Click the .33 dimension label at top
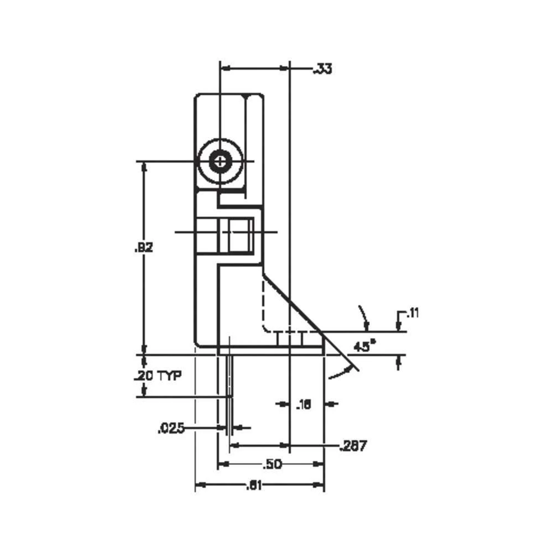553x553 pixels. pos(322,69)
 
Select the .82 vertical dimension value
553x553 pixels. pos(144,247)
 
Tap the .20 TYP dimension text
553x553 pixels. pos(158,376)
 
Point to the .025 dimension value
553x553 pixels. pos(171,427)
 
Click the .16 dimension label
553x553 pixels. pos(304,404)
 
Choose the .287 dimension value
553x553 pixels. pos(353,446)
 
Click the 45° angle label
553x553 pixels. pos(364,347)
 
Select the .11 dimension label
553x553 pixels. pos(412,314)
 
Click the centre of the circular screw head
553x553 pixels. pos(221,161)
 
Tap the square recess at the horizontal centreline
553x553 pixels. pos(238,232)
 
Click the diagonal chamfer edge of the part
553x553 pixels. pos(293,303)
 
